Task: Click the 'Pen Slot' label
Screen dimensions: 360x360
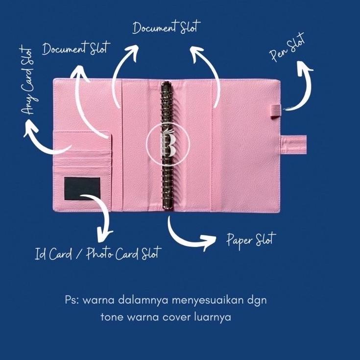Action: point(288,48)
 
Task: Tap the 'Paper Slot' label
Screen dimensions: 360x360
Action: point(251,240)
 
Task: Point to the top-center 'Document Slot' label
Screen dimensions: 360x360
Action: point(167,27)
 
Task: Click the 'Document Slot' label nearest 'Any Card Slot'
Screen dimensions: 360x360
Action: point(76,49)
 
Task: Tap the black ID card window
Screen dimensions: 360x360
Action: point(82,189)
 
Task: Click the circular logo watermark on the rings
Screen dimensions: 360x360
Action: point(167,142)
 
